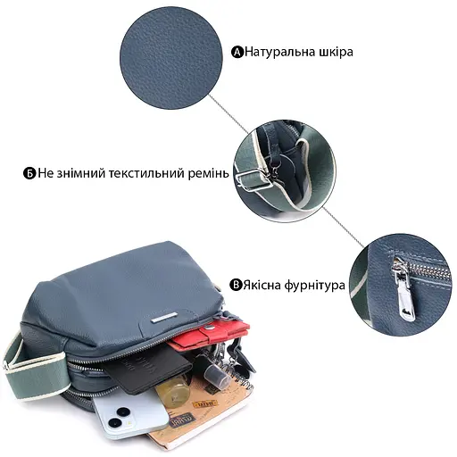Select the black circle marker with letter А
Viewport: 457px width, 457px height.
pos(237,52)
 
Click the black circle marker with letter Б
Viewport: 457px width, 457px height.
pos(29,172)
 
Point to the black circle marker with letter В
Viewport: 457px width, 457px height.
pos(237,287)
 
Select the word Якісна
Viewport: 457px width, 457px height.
pos(263,287)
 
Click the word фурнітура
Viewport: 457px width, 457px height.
pos(315,287)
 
